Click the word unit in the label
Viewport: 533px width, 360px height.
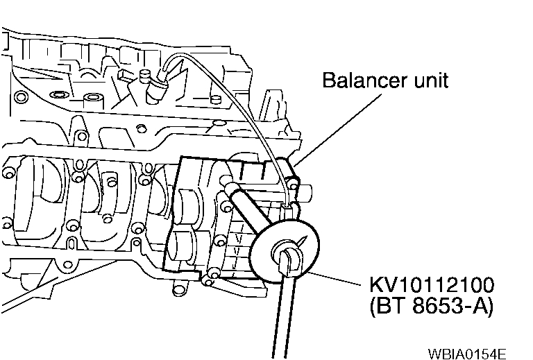pyautogui.click(x=431, y=80)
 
